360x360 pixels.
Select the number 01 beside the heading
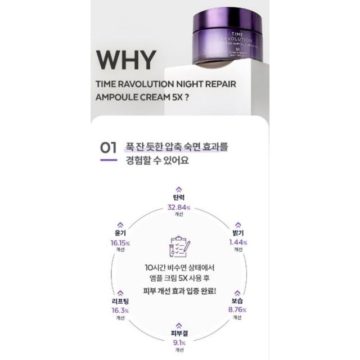pos(108,148)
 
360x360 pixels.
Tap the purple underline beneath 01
pos(108,160)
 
